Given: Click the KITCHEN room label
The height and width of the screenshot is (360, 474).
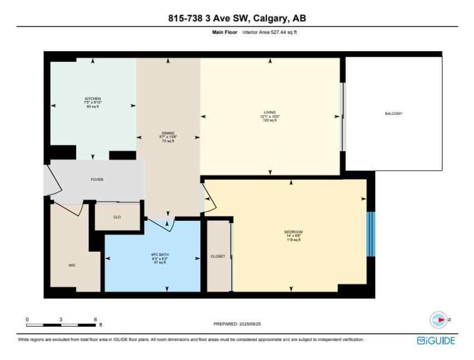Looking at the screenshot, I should pyautogui.click(x=92, y=98).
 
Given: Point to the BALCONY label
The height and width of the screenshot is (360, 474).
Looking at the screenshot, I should pyautogui.click(x=393, y=114).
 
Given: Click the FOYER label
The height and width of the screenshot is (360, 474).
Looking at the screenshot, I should pyautogui.click(x=97, y=180).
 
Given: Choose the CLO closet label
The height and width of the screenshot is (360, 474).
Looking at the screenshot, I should pyautogui.click(x=117, y=217).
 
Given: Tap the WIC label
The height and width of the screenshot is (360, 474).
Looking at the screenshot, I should pyautogui.click(x=71, y=265).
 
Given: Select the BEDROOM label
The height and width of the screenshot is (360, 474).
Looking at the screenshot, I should pyautogui.click(x=293, y=232).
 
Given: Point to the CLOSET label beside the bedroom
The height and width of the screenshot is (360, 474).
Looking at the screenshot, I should pyautogui.click(x=218, y=256).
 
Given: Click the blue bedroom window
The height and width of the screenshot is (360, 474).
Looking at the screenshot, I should pyautogui.click(x=370, y=234).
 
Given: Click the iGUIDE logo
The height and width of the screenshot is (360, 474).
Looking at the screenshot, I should pyautogui.click(x=436, y=341).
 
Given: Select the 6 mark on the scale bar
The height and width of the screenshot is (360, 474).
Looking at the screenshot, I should pyautogui.click(x=95, y=319).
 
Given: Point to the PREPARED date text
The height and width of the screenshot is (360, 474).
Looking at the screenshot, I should pyautogui.click(x=237, y=324).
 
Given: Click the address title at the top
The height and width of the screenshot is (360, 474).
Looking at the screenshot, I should pyautogui.click(x=237, y=18).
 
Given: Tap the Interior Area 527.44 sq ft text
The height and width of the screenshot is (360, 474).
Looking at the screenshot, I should pyautogui.click(x=270, y=32).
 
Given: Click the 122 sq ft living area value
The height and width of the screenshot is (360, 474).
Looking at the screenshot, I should pyautogui.click(x=270, y=120).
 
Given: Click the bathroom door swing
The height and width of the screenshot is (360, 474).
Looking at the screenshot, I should pyautogui.click(x=165, y=225).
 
